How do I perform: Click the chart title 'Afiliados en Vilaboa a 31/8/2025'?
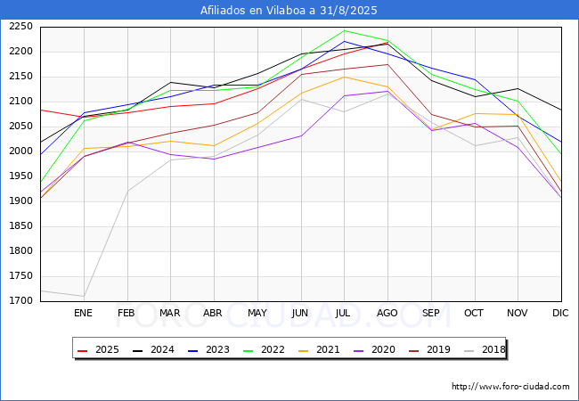pyautogui.click(x=289, y=11)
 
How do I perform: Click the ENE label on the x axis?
pyautogui.click(x=83, y=313)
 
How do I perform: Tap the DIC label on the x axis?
pyautogui.click(x=560, y=313)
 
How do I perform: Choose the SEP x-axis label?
pyautogui.click(x=430, y=313)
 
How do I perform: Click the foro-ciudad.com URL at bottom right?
pyautogui.click(x=510, y=387)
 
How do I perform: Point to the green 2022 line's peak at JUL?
pyautogui.click(x=344, y=30)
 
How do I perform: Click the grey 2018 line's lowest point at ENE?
pyautogui.click(x=83, y=296)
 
